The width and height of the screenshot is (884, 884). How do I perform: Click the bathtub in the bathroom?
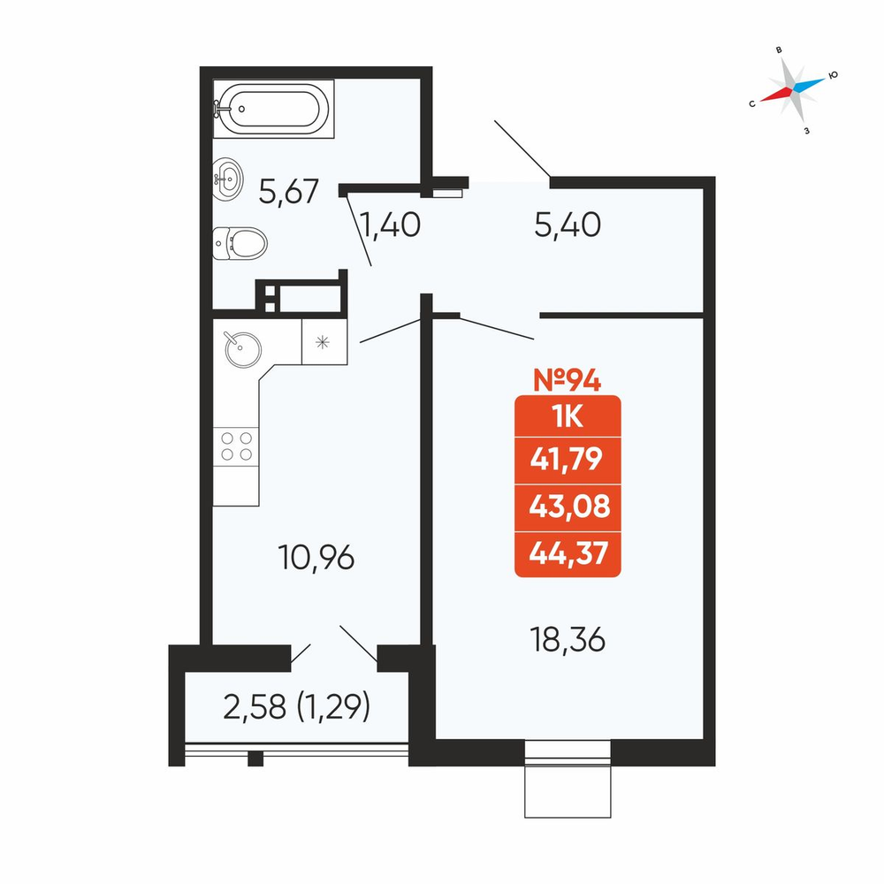click(273, 108)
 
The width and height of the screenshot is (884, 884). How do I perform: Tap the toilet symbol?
click(240, 244)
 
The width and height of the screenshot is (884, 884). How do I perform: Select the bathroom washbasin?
click(228, 179)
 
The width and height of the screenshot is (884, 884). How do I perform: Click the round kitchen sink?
click(242, 349)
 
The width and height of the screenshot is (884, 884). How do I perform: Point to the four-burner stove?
click(236, 446)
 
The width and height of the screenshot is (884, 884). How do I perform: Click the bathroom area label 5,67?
click(289, 192)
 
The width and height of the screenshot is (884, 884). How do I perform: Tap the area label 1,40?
click(390, 225)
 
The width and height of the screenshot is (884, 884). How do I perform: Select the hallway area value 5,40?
click(568, 225)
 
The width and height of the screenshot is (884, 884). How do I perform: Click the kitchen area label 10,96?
click(316, 557)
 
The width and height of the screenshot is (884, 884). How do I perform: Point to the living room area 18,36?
click(568, 640)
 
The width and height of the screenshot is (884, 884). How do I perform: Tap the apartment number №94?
click(568, 379)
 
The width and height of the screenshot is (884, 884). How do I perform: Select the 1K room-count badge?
click(568, 417)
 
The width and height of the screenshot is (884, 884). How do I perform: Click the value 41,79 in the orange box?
click(567, 459)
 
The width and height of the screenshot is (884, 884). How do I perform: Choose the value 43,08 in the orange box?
click(569, 506)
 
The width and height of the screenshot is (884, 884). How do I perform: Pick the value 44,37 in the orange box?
click(568, 552)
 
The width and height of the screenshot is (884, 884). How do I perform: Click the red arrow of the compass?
click(776, 95)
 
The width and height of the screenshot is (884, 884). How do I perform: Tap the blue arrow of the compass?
click(810, 84)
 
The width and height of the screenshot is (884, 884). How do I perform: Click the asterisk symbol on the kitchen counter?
click(323, 341)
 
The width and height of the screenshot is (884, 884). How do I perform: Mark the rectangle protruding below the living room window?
click(568, 789)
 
